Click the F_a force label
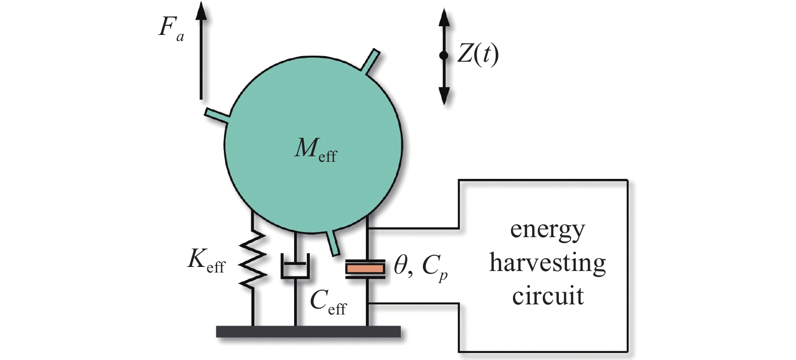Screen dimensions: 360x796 pos(171,28)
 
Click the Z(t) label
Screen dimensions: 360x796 pos(478,54)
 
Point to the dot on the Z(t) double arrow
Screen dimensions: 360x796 pos(444,56)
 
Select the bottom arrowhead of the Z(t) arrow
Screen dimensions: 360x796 pos(444,96)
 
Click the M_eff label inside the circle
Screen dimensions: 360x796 pos(315,151)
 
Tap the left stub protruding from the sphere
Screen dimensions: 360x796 pos(216,114)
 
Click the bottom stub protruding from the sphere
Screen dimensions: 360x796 pos(333,242)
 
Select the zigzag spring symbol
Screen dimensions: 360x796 pos(253,261)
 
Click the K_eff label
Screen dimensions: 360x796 pos(206,261)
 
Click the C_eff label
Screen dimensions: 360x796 pos(328,302)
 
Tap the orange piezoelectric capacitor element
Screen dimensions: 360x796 pos(365,268)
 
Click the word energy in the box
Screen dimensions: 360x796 pos(547,230)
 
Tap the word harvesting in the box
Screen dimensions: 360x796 pos(547,263)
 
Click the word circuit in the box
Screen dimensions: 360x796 pos(547,296)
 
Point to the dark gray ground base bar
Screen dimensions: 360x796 pos(308,331)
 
